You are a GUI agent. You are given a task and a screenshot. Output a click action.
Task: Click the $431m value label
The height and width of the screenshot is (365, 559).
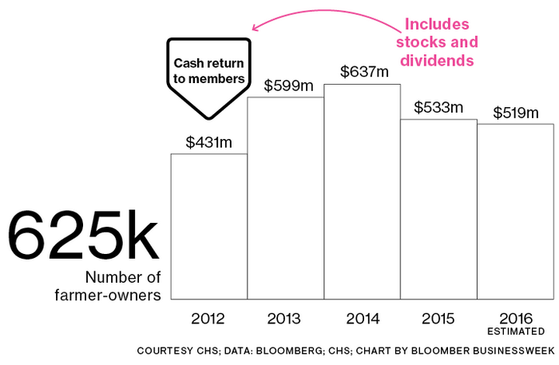(209, 142)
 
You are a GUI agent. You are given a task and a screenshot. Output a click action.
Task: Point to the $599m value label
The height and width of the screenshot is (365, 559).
(285, 85)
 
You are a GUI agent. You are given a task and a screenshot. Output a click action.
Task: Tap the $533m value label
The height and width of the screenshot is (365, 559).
(438, 108)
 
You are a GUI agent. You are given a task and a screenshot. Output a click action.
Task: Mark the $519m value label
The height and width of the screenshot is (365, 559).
(516, 113)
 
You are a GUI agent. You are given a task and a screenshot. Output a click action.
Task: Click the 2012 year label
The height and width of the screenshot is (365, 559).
(208, 319)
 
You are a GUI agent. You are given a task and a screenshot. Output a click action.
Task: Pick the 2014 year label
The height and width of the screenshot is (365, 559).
(362, 319)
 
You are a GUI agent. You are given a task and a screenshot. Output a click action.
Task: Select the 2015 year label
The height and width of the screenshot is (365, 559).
(438, 319)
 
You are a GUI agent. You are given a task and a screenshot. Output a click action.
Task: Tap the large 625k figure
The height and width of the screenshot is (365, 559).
(83, 236)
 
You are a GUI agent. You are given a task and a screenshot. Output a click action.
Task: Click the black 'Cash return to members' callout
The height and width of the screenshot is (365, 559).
(208, 71)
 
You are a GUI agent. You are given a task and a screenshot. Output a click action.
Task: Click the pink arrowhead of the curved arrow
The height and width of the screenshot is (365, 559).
(255, 26)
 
